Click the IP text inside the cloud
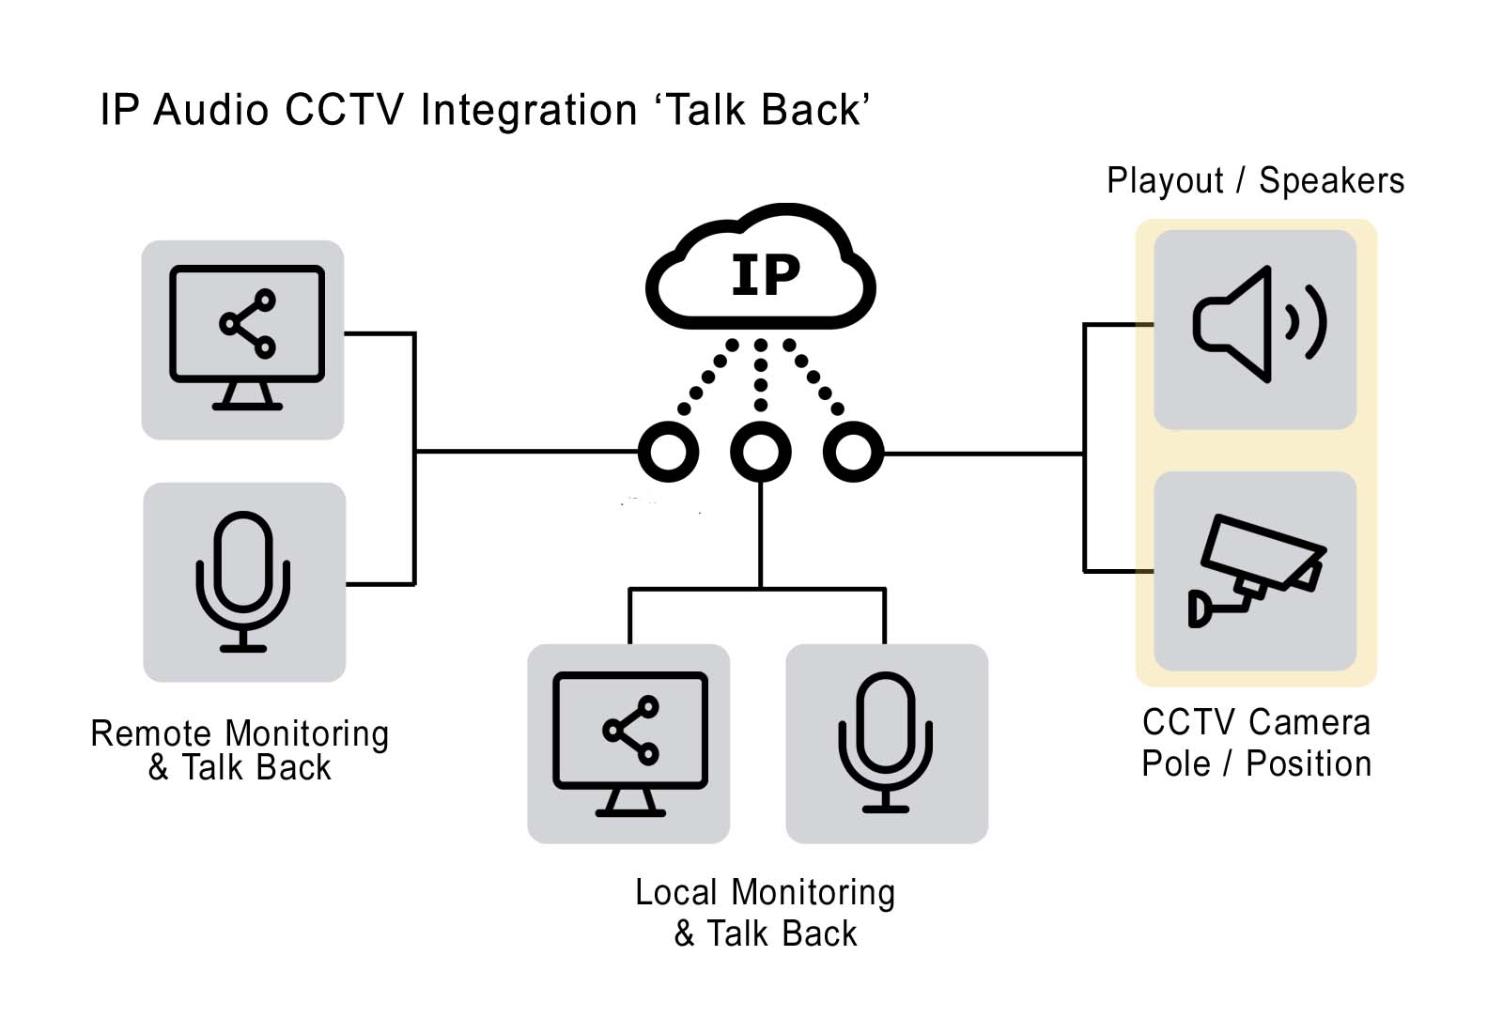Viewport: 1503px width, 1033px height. click(x=765, y=275)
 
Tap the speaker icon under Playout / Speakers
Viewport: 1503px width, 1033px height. click(x=1258, y=324)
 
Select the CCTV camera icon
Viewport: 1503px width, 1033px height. click(x=1256, y=570)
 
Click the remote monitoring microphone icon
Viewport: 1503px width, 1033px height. click(x=243, y=581)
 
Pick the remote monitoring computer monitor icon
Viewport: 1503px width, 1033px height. click(x=247, y=338)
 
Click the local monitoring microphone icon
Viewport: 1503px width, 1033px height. click(x=886, y=742)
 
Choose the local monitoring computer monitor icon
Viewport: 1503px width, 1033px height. click(x=630, y=743)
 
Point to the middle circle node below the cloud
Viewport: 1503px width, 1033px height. click(x=760, y=452)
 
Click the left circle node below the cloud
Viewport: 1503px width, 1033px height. click(x=668, y=452)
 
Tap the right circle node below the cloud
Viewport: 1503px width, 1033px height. click(x=853, y=452)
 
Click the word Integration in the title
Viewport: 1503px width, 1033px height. click(x=529, y=110)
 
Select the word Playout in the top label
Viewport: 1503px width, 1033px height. click(x=1165, y=180)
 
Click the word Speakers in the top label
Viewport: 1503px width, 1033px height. click(x=1331, y=180)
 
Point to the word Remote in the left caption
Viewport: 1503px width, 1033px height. click(x=151, y=733)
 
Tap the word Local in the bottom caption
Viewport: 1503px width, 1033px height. click(x=676, y=892)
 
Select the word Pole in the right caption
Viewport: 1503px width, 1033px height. click(x=1175, y=763)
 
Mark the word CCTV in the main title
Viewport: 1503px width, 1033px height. click(x=345, y=110)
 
